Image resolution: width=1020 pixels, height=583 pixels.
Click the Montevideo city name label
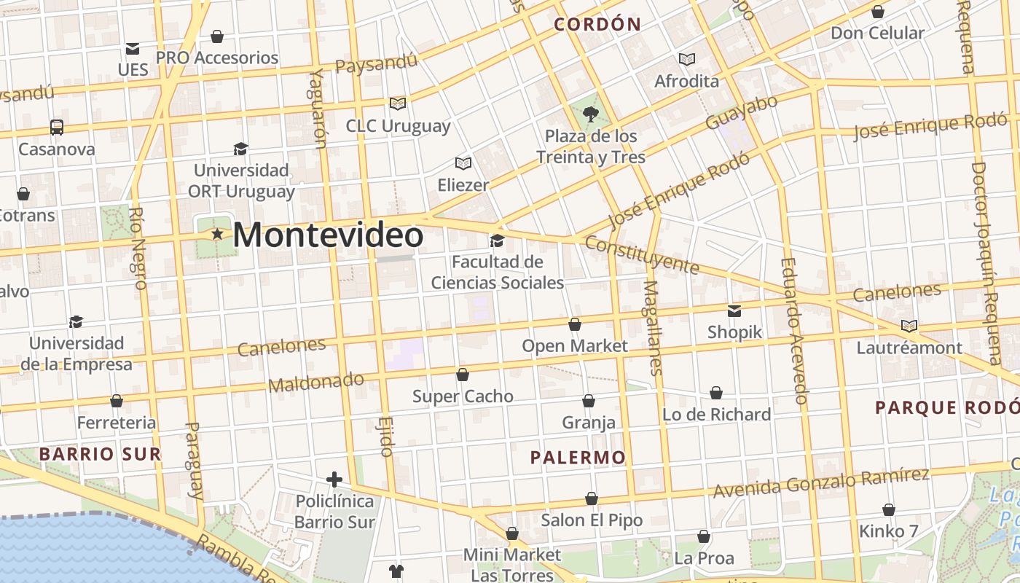(328, 235)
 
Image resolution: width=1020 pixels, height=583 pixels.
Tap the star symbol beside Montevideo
(217, 235)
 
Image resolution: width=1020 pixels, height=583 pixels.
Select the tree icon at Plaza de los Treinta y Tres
(590, 114)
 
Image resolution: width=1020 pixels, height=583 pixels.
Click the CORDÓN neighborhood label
(597, 24)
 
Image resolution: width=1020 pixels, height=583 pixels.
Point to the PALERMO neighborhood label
(578, 458)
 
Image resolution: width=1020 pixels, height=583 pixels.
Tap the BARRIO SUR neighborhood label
(100, 454)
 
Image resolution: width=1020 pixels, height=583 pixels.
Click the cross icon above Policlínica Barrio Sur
(334, 480)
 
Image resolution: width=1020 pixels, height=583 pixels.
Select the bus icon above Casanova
(57, 127)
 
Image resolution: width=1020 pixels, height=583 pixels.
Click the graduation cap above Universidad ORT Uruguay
(240, 149)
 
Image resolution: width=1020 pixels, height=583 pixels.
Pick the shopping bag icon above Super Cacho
(463, 375)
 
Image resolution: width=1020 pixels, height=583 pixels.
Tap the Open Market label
(575, 345)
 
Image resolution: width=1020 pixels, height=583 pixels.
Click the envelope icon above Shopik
(734, 310)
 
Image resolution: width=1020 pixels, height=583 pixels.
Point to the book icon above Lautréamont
(909, 326)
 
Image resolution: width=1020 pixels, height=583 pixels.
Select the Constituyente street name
(642, 254)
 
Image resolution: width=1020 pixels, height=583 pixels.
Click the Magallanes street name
(654, 328)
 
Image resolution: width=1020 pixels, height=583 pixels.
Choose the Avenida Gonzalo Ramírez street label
(821, 483)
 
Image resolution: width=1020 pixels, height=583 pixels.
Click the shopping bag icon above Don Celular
(878, 12)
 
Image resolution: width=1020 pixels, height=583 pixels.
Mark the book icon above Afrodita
(686, 59)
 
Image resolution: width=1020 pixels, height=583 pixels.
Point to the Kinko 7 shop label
(889, 531)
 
